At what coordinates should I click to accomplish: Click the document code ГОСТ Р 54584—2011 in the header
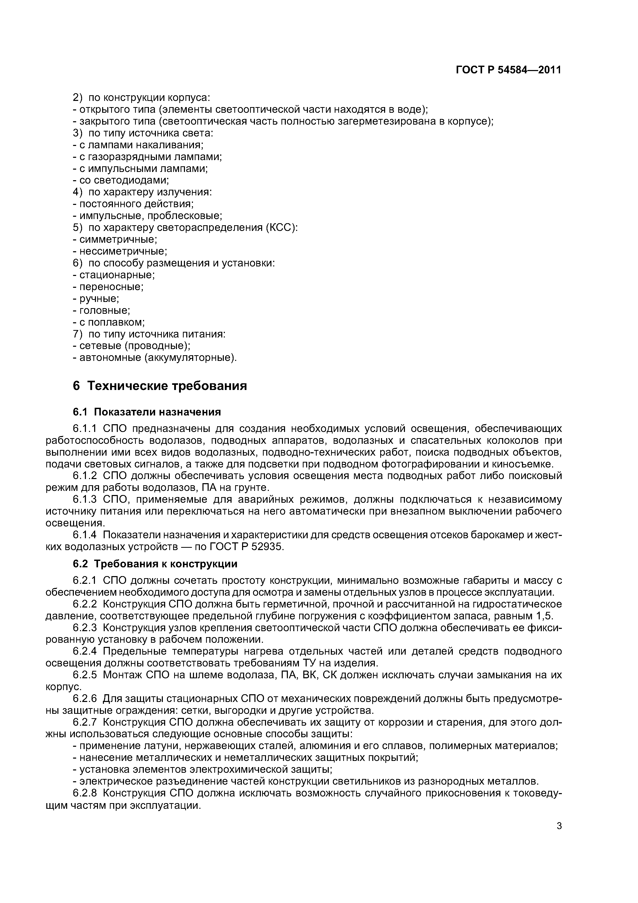click(508, 70)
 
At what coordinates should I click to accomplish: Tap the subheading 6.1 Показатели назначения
click(147, 412)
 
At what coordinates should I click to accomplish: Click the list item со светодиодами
click(122, 180)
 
